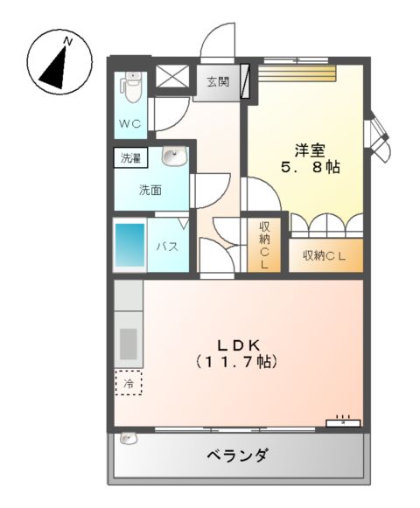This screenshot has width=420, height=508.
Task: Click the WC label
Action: (130, 123)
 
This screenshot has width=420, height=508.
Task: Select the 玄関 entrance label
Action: (218, 84)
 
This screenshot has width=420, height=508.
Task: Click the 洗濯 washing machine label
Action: (130, 159)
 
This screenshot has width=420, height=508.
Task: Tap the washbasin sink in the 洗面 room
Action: (175, 157)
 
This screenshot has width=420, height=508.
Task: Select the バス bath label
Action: (168, 247)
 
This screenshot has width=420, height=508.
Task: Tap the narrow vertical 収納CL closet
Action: (263, 245)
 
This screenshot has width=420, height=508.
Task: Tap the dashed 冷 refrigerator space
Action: (129, 382)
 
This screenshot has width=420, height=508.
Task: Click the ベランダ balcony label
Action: (237, 456)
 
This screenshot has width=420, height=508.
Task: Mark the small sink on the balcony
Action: (128, 440)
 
